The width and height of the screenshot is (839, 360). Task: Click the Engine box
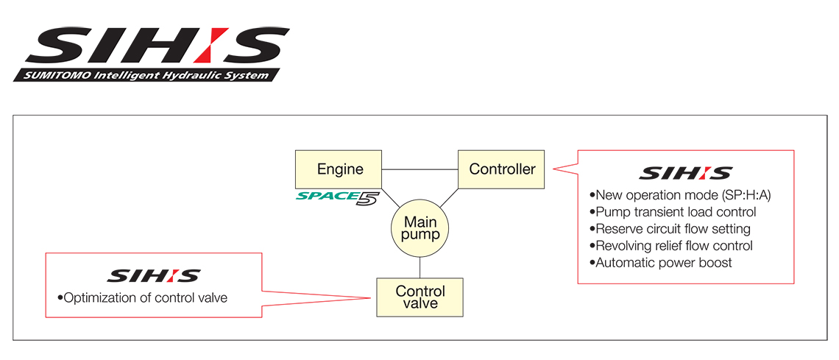pyautogui.click(x=339, y=169)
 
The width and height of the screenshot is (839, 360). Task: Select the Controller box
pyautogui.click(x=502, y=169)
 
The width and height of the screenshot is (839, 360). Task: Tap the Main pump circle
pyautogui.click(x=419, y=229)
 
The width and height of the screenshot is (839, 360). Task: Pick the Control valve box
pyautogui.click(x=419, y=297)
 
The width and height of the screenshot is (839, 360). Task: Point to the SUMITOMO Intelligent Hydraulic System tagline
pyautogui.click(x=147, y=75)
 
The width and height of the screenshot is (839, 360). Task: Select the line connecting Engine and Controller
pyautogui.click(x=420, y=170)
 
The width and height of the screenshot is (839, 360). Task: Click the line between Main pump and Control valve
pyautogui.click(x=419, y=267)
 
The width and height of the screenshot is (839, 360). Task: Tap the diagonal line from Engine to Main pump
pyautogui.click(x=390, y=197)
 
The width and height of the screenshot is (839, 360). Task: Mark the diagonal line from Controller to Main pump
pyautogui.click(x=450, y=197)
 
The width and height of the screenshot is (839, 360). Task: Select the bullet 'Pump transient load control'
pyautogui.click(x=673, y=212)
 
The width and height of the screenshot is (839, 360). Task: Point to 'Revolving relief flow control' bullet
pyautogui.click(x=670, y=246)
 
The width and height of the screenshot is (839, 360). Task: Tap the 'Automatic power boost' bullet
pyautogui.click(x=660, y=263)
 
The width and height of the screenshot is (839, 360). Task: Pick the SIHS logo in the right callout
pyautogui.click(x=685, y=174)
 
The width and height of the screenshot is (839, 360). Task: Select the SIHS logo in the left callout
pyautogui.click(x=153, y=276)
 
